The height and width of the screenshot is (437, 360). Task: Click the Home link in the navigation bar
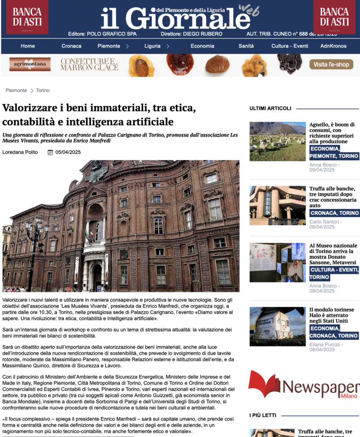coord(28,46)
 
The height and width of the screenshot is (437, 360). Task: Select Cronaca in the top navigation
coord(71,46)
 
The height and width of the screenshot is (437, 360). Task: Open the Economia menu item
coord(202,46)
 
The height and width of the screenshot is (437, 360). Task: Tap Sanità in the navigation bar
coord(246,46)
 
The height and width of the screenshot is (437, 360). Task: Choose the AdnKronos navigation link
coord(333,46)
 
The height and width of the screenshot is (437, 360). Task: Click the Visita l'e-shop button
coord(331,64)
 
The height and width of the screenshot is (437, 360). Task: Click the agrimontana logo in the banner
coord(30,64)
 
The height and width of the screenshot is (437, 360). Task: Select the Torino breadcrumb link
coord(43,90)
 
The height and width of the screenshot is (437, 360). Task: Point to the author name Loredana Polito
coord(20,152)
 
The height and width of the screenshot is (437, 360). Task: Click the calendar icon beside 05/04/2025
coord(50,152)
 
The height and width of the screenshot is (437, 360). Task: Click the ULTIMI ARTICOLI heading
coord(270,108)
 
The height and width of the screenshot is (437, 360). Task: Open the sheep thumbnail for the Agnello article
coord(277,141)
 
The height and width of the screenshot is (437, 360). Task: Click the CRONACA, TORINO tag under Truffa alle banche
coord(334,213)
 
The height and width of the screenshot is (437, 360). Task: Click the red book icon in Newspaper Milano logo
coord(264,384)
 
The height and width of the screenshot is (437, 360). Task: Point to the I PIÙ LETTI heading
coord(263,415)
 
